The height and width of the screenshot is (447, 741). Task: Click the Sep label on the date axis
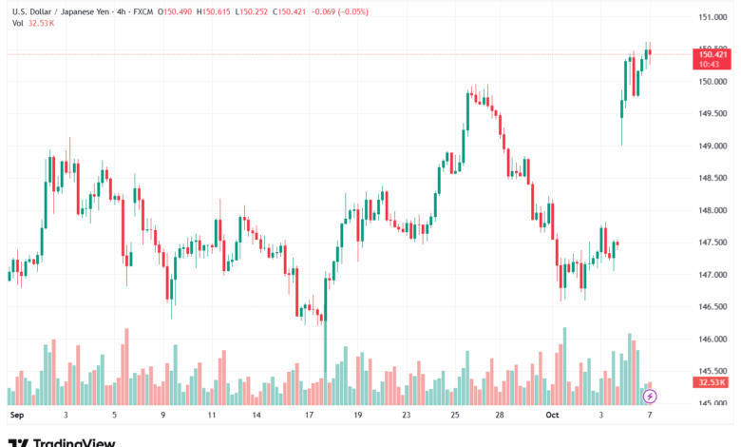tap(15, 416)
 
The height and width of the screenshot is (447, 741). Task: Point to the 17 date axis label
tap(309, 416)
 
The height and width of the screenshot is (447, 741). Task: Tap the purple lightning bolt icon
tap(650, 396)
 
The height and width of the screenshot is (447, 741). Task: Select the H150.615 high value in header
tap(213, 11)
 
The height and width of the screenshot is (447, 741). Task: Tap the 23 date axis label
tap(406, 416)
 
